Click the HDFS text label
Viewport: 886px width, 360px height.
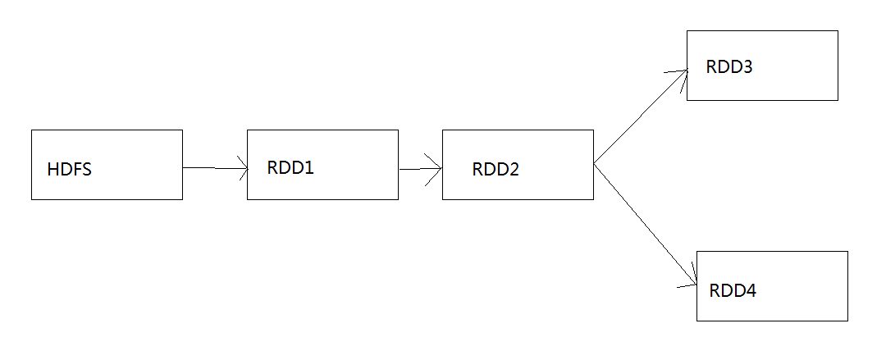click(x=70, y=171)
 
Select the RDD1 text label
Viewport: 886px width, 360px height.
click(x=290, y=167)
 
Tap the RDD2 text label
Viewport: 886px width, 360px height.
click(x=496, y=170)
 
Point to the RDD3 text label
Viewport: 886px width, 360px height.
click(x=729, y=67)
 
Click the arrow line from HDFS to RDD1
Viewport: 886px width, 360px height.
click(x=213, y=168)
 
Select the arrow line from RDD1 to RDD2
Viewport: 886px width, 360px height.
click(x=418, y=169)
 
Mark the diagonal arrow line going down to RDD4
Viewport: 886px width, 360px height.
click(x=644, y=222)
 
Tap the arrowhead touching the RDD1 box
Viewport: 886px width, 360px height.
click(x=242, y=169)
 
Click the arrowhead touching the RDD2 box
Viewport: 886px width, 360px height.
click(x=437, y=169)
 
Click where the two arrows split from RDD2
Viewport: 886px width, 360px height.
click(x=594, y=164)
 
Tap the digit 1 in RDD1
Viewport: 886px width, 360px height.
click(x=309, y=167)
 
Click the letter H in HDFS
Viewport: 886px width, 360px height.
click(x=53, y=171)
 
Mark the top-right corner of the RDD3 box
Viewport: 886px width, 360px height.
click(x=838, y=31)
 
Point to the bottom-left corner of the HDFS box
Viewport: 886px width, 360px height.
click(x=32, y=198)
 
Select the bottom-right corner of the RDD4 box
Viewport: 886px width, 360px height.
click(x=847, y=320)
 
